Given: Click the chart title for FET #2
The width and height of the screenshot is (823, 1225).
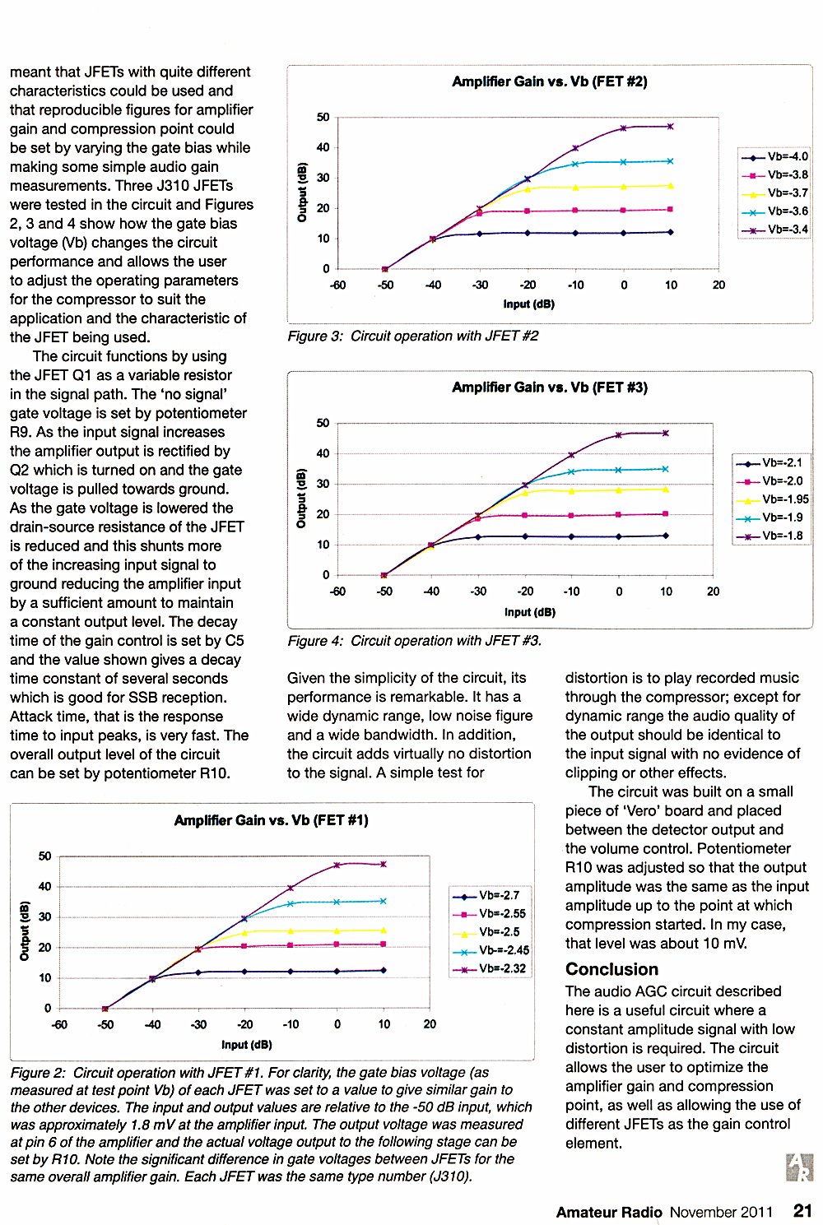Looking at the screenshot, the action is (550, 82).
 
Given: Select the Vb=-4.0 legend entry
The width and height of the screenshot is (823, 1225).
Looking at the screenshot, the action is (774, 156).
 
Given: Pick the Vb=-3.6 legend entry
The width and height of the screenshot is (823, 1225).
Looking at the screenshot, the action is (774, 211).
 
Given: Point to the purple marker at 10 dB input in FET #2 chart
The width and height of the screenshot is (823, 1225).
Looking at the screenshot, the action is (670, 127).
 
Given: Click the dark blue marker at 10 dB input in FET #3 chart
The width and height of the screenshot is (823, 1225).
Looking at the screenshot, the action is (666, 536).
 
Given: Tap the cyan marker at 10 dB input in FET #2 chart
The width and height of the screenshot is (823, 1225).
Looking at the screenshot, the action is (670, 161).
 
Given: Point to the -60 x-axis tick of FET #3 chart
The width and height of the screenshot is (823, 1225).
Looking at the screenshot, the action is (337, 592).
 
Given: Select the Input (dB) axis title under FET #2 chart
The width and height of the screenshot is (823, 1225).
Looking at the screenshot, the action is (528, 304).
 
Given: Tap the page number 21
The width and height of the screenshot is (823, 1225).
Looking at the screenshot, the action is (802, 1210).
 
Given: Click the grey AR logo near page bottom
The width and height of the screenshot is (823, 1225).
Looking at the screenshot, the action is (799, 1167).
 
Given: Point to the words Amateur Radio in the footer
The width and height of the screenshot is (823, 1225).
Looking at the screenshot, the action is (609, 1212).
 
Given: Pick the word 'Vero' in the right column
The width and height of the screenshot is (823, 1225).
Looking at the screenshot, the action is (635, 810).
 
